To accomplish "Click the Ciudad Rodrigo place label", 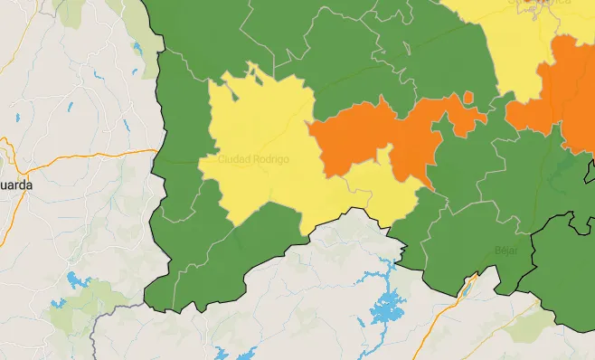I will click(253, 159).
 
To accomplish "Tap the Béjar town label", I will click(506, 250).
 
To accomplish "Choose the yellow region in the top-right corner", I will click(515, 45).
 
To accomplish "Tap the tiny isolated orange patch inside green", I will click(468, 97).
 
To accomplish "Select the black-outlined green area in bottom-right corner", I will click(565, 271).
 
